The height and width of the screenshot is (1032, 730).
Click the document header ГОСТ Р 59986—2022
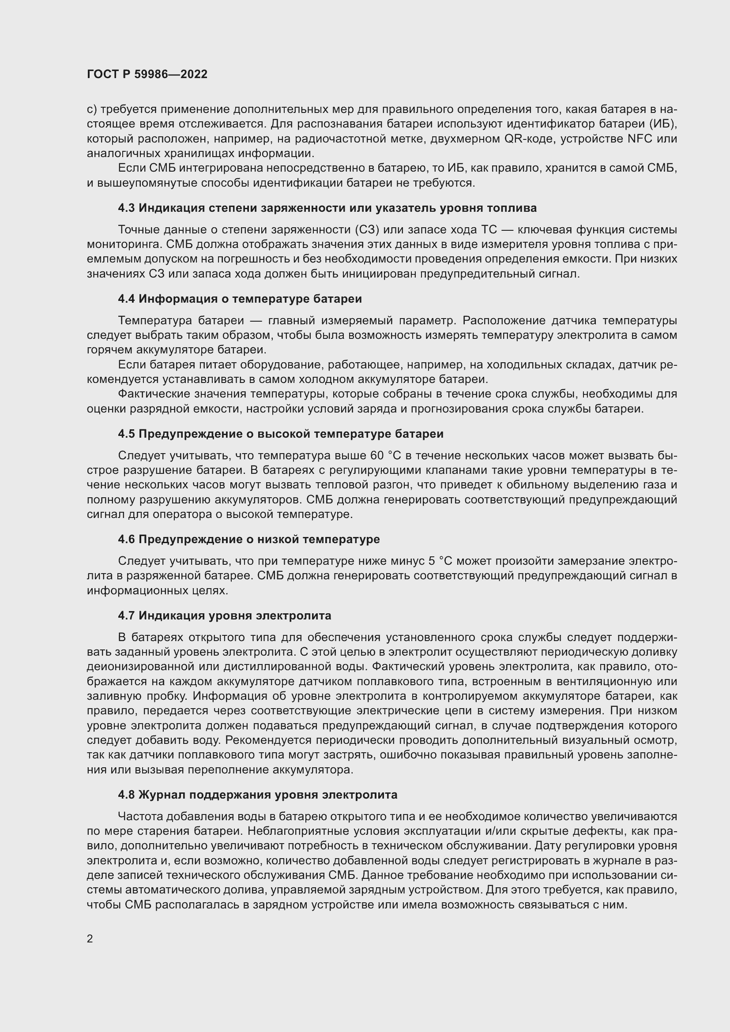(x=147, y=74)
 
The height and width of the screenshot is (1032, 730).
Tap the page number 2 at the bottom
(x=90, y=938)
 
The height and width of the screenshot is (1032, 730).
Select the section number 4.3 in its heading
(x=126, y=208)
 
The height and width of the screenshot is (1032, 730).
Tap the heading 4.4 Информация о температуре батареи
(x=240, y=298)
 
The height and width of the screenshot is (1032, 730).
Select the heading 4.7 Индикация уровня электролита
(x=224, y=615)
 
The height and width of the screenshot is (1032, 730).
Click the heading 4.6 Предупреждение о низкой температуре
(x=248, y=539)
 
